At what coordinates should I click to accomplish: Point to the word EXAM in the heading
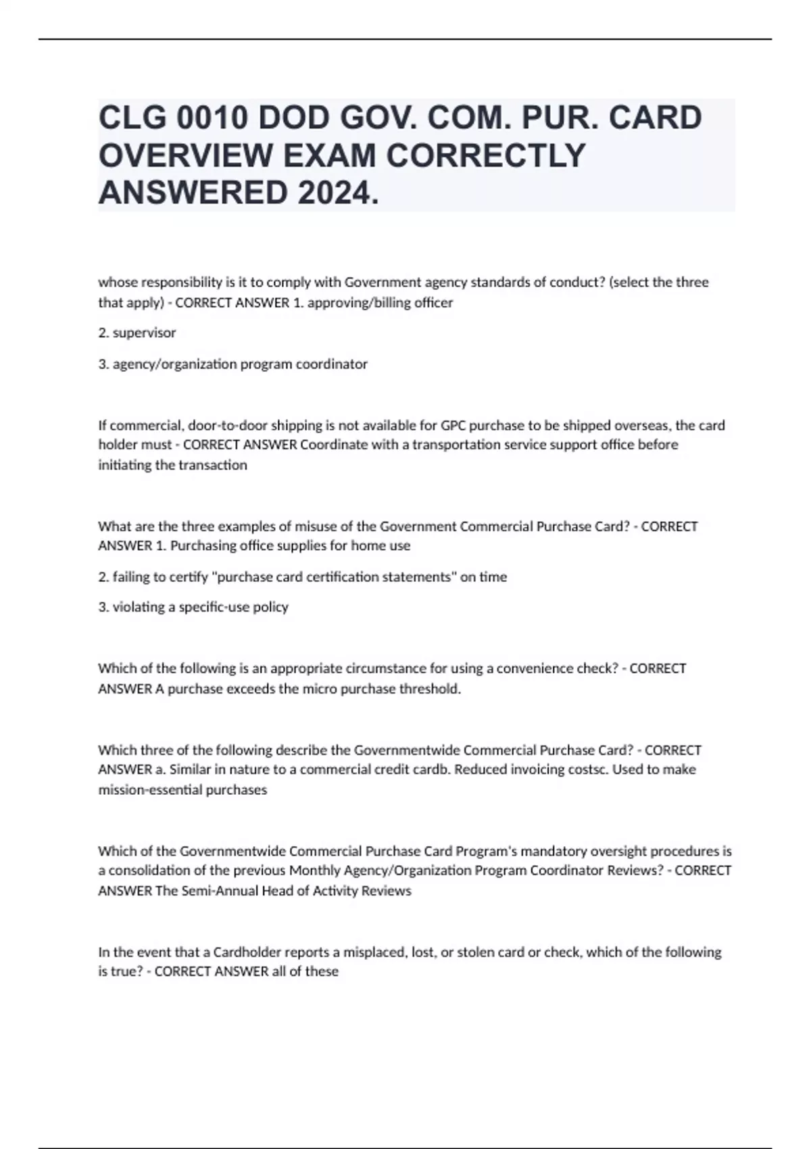[x=330, y=155]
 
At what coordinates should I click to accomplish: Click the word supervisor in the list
[x=144, y=333]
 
